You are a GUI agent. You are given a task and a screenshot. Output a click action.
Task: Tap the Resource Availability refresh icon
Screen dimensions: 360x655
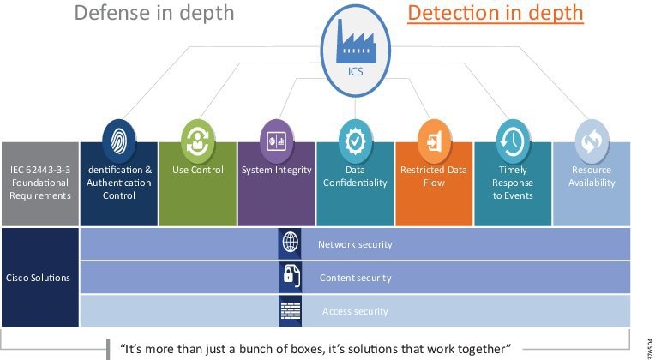pos(592,141)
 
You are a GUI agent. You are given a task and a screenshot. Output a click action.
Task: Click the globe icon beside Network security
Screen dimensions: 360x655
pos(290,243)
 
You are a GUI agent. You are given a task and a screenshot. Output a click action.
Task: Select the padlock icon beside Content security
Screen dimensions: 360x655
pos(290,277)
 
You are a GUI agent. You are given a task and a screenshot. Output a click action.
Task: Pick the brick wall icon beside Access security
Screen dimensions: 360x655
pos(290,310)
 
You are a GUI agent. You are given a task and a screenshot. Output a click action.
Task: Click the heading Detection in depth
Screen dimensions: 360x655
pos(496,14)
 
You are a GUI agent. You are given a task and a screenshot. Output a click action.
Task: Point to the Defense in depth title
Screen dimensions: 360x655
pos(154,14)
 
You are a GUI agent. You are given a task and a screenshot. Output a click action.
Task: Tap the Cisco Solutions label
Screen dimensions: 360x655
pos(39,278)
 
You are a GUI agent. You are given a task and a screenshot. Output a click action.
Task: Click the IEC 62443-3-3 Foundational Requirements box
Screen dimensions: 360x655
pos(39,183)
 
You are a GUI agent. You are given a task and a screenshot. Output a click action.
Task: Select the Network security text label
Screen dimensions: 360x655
pos(355,244)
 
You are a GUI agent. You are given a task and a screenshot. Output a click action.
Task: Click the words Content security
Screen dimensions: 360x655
pos(355,278)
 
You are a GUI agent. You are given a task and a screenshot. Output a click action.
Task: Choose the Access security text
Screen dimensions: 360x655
pos(355,311)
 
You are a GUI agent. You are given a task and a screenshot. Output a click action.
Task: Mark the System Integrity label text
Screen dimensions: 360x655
pos(276,170)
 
